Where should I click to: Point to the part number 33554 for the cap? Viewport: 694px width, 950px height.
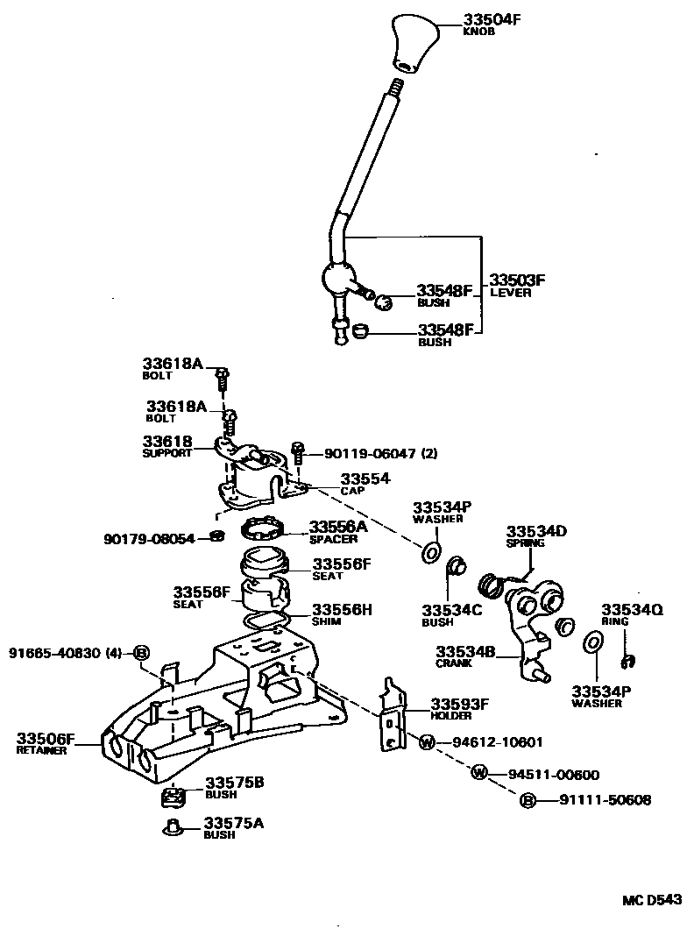point(365,479)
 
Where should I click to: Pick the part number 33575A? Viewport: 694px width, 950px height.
point(234,823)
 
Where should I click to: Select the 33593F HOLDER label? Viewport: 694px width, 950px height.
point(458,707)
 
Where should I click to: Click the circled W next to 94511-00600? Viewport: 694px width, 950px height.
point(479,772)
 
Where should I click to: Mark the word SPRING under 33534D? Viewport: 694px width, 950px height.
point(525,542)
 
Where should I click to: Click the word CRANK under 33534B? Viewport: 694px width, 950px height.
point(454,663)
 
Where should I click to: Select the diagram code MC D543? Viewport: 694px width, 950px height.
point(652,900)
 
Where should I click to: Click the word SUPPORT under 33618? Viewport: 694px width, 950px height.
point(166,454)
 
